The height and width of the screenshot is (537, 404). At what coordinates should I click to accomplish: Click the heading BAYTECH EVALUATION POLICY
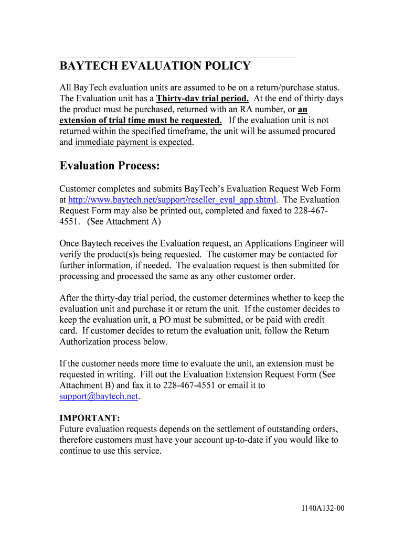pyautogui.click(x=155, y=66)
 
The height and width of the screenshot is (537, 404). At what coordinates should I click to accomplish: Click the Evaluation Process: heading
pyautogui.click(x=109, y=166)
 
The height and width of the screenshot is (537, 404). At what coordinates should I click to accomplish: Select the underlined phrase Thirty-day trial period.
pyautogui.click(x=203, y=99)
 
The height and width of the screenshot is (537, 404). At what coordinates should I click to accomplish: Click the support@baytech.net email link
pyautogui.click(x=99, y=396)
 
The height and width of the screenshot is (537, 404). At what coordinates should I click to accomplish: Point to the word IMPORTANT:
pyautogui.click(x=90, y=418)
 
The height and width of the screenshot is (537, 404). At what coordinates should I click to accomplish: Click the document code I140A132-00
pyautogui.click(x=323, y=508)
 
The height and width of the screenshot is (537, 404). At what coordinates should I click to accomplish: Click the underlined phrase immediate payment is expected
pyautogui.click(x=134, y=142)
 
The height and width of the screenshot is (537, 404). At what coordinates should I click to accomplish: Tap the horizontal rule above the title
pyautogui.click(x=178, y=57)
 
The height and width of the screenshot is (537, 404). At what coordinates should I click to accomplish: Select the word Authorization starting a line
pyautogui.click(x=87, y=342)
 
